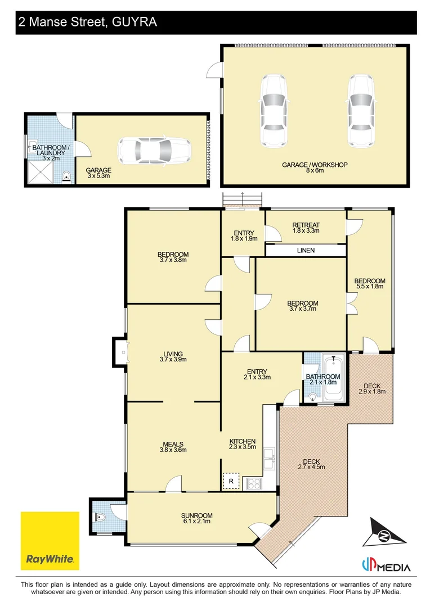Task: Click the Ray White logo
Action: coord(50,541)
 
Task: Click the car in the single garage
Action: coord(154,151)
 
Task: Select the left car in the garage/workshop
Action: coord(274,111)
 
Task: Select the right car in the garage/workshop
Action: coord(361,111)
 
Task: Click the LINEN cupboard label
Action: coord(306,251)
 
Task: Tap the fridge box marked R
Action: coord(231,481)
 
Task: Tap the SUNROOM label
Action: coord(196,515)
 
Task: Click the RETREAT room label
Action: coord(306,225)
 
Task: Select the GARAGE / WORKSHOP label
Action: coord(315,165)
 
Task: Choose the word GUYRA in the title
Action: coord(135,22)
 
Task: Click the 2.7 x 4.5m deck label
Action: coord(311,464)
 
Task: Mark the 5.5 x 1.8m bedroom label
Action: coord(370,284)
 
